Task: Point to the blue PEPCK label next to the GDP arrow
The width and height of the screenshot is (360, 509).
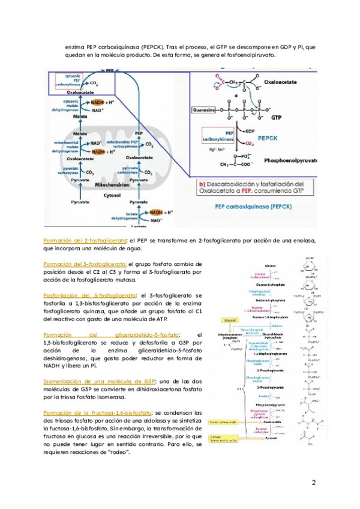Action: click(x=268, y=137)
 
